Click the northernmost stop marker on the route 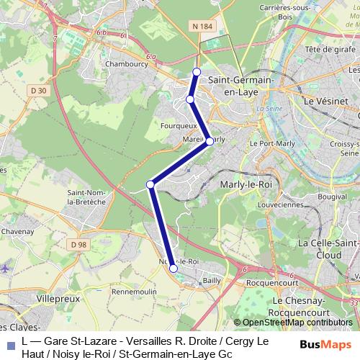coord(197,71)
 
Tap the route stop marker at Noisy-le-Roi coord(174,269)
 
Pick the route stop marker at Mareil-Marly coord(210,142)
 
